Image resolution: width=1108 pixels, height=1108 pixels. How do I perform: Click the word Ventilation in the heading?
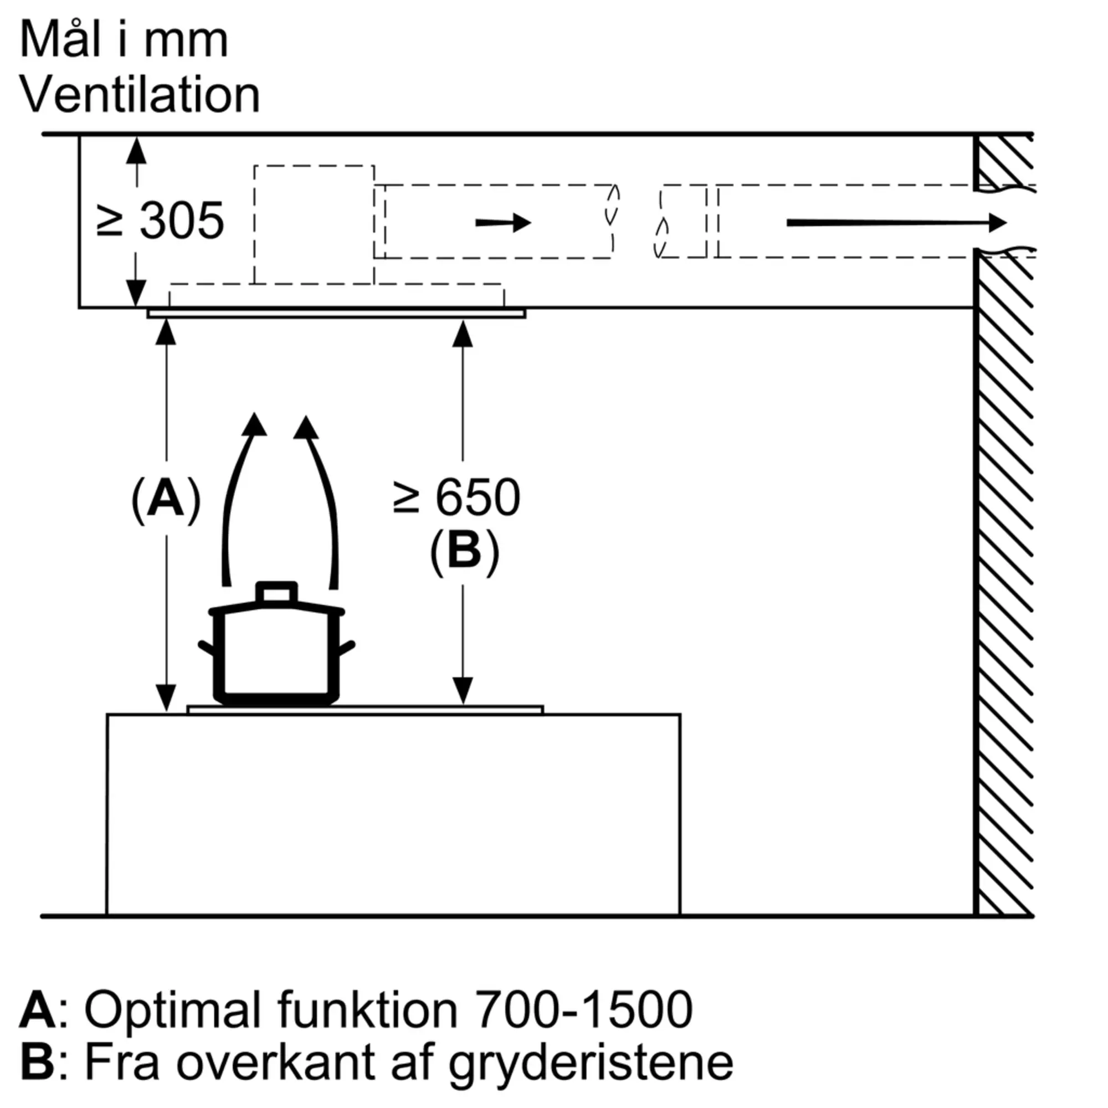[x=141, y=95]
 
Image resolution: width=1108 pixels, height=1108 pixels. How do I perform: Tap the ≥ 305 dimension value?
[x=161, y=221]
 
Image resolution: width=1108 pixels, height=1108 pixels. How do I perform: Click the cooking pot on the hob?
[x=277, y=644]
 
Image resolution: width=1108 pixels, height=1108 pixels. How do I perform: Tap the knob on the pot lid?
[x=277, y=592]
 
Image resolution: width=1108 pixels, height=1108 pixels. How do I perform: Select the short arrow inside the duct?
[x=503, y=223]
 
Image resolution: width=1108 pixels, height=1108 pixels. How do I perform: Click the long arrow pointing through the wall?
[x=896, y=223]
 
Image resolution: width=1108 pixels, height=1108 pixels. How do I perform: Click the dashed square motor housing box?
[x=314, y=225]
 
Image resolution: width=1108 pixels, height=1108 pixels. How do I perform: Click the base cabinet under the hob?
[x=393, y=814]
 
